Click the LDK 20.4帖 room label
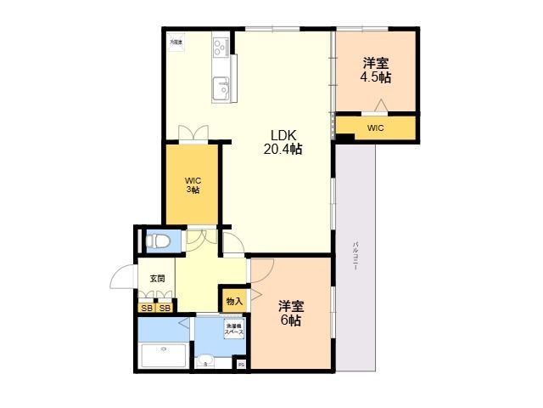click(x=286, y=142)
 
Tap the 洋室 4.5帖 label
click(x=377, y=70)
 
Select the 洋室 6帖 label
click(x=291, y=314)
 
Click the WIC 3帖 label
click(x=193, y=184)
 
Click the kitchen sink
click(x=221, y=87)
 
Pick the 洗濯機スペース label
click(x=232, y=329)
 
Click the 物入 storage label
click(x=234, y=300)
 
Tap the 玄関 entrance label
click(x=157, y=278)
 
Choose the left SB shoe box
click(x=147, y=308)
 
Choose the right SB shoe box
click(x=165, y=308)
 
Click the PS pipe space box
click(x=241, y=365)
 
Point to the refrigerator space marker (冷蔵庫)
click(x=175, y=41)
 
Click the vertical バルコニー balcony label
click(x=355, y=254)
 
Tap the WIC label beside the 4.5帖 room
click(x=375, y=128)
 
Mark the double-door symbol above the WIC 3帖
click(x=193, y=133)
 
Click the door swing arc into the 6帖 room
click(x=260, y=270)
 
